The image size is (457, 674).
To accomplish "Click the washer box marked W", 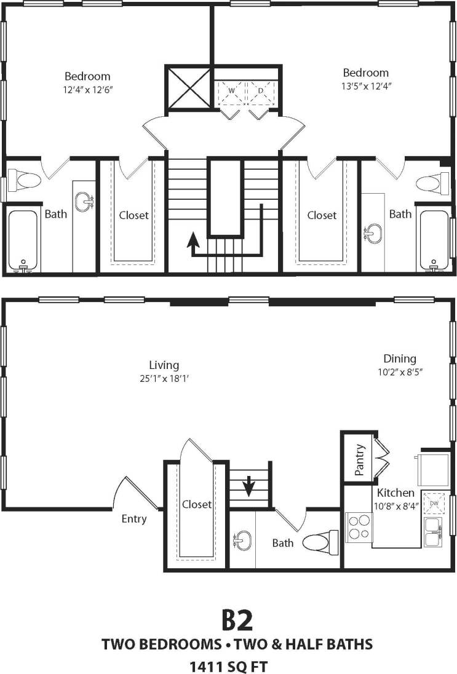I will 231,91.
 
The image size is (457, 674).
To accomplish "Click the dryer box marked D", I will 261,91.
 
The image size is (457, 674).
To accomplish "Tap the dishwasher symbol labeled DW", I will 435,504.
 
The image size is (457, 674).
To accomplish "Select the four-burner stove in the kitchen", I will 359,527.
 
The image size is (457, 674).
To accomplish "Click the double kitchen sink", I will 432,532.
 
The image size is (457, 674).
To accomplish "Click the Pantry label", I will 359,460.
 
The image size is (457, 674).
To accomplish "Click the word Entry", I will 133,519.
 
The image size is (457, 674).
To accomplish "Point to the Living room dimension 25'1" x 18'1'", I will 164,378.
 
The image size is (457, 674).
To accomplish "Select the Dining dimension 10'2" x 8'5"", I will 400,371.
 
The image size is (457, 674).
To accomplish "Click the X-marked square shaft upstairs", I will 188,87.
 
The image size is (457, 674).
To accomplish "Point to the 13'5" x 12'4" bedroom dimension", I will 366,86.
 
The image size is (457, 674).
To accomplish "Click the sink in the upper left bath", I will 83,200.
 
